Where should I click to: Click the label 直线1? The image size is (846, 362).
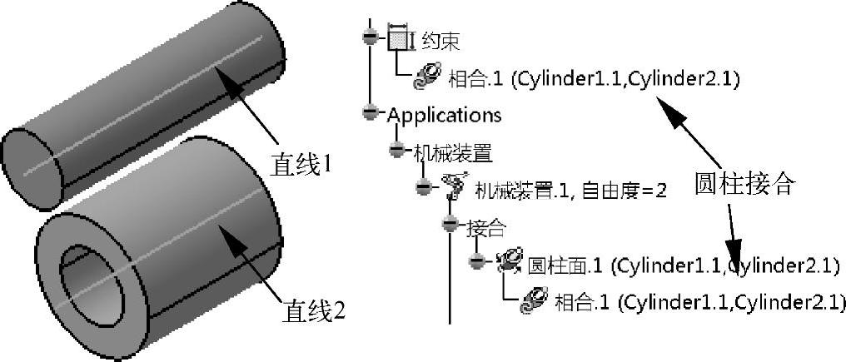click(x=301, y=164)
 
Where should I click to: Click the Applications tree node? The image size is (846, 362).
click(x=444, y=114)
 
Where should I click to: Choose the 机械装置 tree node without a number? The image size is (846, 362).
click(x=453, y=151)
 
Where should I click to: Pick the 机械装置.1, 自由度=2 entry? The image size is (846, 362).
click(x=570, y=191)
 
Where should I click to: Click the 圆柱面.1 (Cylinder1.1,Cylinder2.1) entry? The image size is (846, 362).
click(x=683, y=265)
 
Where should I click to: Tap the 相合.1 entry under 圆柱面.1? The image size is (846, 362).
click(x=700, y=301)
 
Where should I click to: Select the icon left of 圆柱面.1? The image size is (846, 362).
click(x=508, y=264)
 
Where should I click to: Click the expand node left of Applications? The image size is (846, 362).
click(x=371, y=112)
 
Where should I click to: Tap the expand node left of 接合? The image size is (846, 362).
click(x=450, y=225)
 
